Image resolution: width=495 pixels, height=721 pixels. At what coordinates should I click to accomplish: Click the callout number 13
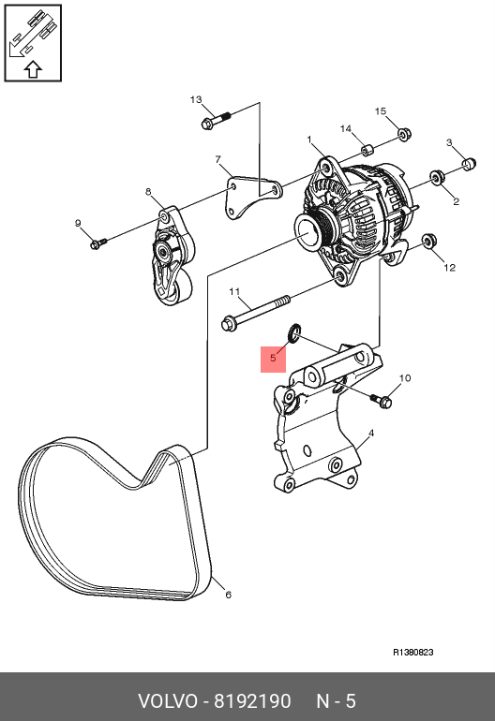(x=196, y=100)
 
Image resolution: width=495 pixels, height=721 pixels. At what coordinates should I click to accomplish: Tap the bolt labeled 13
(x=216, y=119)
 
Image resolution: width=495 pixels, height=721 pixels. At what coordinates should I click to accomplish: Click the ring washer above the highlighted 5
(x=294, y=332)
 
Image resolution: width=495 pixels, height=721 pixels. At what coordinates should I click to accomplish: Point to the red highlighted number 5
(x=273, y=359)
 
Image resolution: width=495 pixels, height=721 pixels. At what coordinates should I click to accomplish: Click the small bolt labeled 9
(x=98, y=243)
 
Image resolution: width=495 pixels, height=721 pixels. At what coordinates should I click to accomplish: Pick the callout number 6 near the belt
(x=228, y=595)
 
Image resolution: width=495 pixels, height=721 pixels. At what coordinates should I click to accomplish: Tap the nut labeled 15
(x=404, y=134)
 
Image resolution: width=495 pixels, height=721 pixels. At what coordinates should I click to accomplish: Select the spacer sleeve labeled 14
(x=367, y=150)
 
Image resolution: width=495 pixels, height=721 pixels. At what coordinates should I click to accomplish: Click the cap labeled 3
(x=469, y=163)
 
